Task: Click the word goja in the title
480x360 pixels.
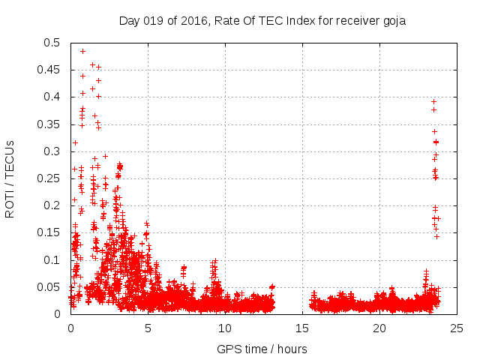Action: coord(392,20)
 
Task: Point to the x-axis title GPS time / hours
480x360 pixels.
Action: coord(262,349)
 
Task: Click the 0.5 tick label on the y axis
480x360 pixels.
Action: coord(53,43)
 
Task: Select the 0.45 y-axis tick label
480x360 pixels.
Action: coord(50,70)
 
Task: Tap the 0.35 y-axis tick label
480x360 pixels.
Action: coord(50,124)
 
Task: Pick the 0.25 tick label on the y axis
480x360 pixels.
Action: coord(50,178)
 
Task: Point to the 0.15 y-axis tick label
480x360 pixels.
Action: coord(50,232)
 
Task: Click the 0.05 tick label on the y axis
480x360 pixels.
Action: coord(50,286)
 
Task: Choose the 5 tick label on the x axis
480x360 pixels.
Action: coord(148,328)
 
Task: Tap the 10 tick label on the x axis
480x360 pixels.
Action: coord(225,328)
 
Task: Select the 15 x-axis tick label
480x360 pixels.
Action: coord(302,328)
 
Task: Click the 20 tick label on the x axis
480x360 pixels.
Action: coord(379,328)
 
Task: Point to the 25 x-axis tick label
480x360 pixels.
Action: coord(457,328)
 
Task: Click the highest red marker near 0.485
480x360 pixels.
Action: coord(82,51)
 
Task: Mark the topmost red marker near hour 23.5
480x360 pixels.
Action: coord(433,101)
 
